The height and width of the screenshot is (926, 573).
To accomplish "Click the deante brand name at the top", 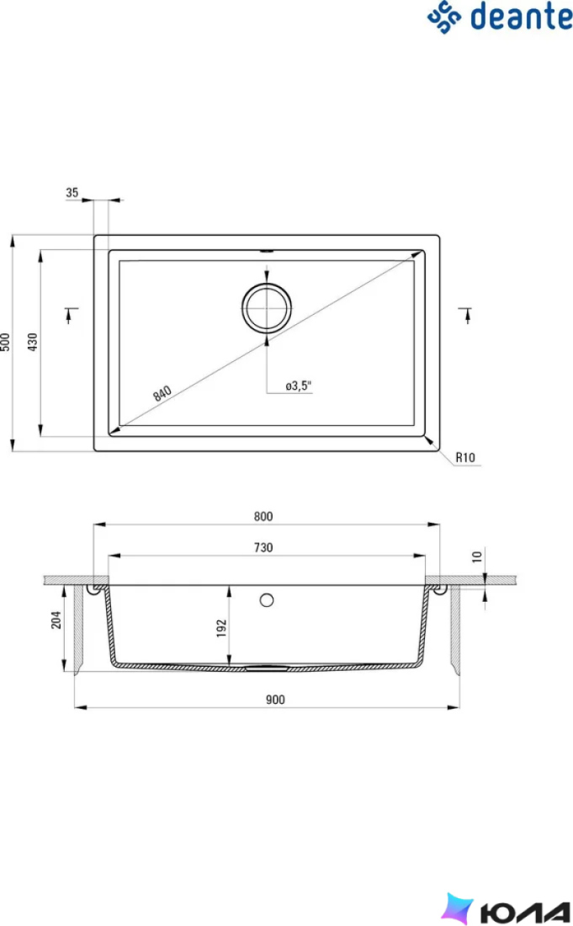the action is [x=522, y=17].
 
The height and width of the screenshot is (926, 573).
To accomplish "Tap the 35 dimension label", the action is [x=72, y=193].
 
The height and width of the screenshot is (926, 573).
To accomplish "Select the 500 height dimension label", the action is [x=5, y=343].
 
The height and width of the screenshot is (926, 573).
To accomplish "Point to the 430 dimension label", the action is [x=33, y=342].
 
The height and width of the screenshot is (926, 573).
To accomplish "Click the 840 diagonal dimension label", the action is [x=162, y=393].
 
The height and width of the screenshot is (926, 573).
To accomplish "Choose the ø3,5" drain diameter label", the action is [x=298, y=386].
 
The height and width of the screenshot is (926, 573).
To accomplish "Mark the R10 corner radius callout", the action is [x=465, y=457].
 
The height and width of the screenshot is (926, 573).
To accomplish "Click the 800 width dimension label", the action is [x=263, y=516].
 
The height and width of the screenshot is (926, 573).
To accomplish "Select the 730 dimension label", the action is [x=263, y=547].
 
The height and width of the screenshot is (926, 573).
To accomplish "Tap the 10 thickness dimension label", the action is [x=477, y=556].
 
